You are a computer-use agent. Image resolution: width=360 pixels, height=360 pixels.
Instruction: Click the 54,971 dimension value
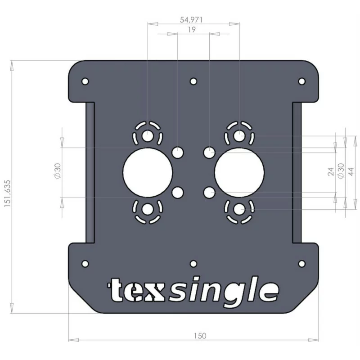(191, 20)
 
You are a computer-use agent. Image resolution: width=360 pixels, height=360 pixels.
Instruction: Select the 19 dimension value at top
(192, 30)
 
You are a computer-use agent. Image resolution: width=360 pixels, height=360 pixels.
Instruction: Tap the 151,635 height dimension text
(7, 193)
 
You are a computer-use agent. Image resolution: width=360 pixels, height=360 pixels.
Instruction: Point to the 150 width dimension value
(200, 336)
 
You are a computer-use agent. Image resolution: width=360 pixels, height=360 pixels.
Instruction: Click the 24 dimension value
(331, 172)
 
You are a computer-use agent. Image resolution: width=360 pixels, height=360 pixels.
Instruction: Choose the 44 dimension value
(351, 172)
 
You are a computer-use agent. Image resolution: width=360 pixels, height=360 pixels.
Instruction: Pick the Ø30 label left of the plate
(58, 171)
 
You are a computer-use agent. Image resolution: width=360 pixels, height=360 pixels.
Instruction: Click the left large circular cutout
(148, 172)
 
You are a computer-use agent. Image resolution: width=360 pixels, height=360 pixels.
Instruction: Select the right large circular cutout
(239, 172)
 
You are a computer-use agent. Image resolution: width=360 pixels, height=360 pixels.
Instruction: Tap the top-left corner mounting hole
(85, 81)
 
